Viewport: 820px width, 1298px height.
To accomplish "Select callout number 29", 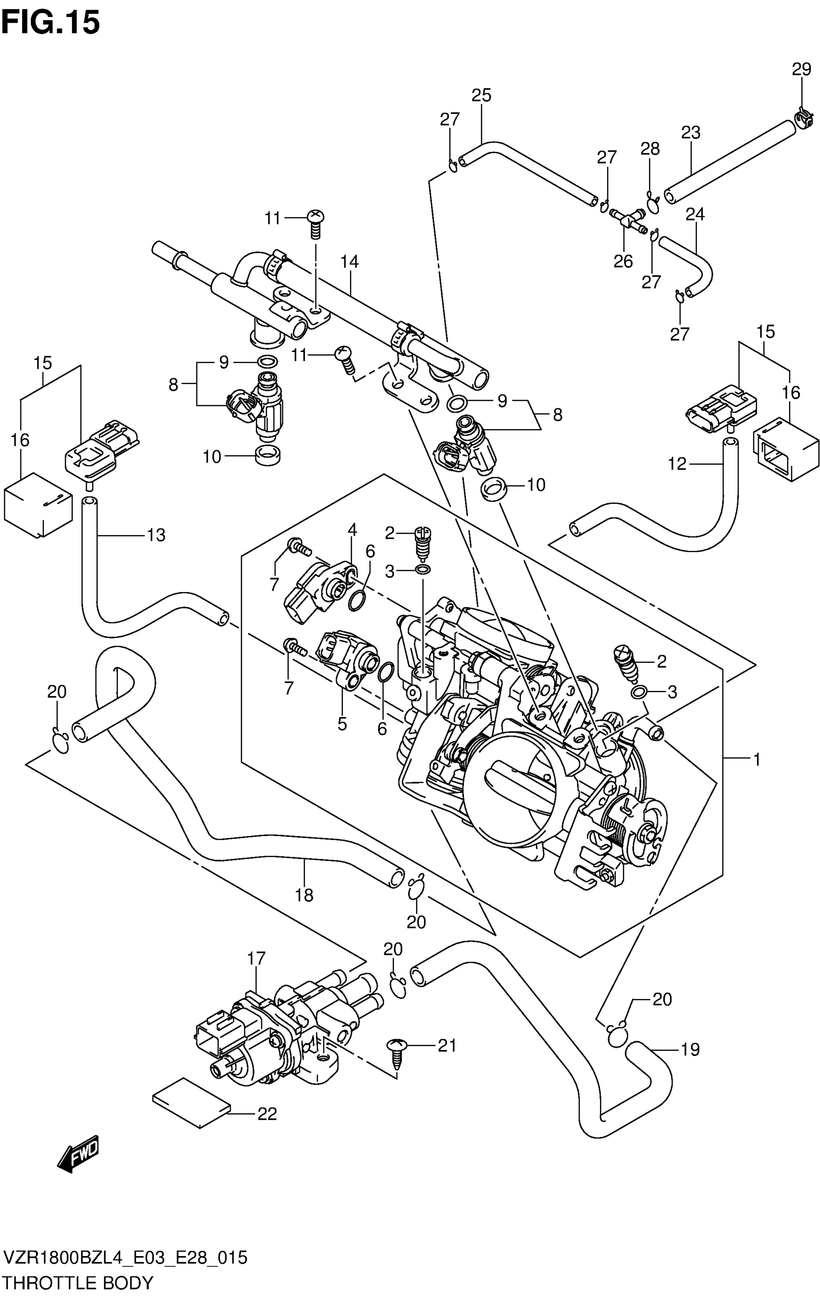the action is click(x=801, y=69).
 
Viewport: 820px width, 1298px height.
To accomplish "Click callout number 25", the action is click(x=481, y=95).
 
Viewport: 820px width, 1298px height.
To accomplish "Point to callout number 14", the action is click(x=349, y=261).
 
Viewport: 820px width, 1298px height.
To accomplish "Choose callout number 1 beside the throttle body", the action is click(x=757, y=759).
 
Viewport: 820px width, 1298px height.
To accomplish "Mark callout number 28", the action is click(x=650, y=149).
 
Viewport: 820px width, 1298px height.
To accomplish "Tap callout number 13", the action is click(x=156, y=535).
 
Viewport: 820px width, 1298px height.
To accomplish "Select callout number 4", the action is click(x=352, y=529).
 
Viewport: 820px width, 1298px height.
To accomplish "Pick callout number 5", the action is click(x=342, y=724).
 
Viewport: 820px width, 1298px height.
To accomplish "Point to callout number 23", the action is click(x=691, y=132).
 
